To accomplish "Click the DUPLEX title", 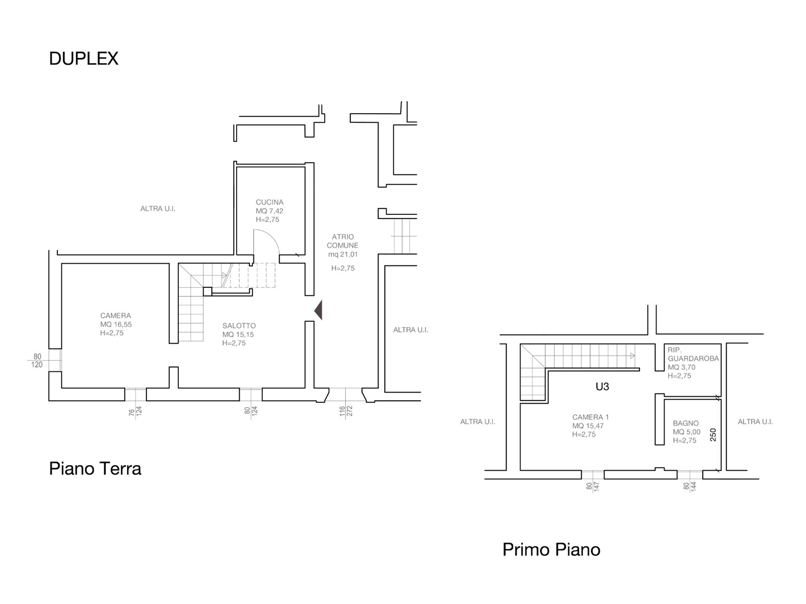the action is (84, 59).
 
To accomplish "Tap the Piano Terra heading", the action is (95, 469).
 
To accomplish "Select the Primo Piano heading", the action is (551, 550).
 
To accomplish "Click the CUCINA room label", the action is (269, 202).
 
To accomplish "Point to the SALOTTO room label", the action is (239, 326).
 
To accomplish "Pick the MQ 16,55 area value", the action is (116, 324).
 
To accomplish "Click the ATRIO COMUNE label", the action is (343, 241).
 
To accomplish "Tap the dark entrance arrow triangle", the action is (318, 310).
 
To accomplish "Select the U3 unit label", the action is (602, 387).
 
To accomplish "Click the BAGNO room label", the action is (686, 423).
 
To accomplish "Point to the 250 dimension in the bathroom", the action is (713, 435).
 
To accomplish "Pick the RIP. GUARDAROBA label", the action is (693, 354).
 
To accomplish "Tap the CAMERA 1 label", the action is (591, 417).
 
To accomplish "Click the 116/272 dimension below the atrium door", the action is (346, 411).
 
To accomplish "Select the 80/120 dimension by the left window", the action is (37, 361).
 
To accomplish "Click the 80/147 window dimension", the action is (593, 487).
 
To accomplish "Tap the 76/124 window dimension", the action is (135, 411).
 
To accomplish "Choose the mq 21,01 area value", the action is (343, 254).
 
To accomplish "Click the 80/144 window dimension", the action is (690, 487).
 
